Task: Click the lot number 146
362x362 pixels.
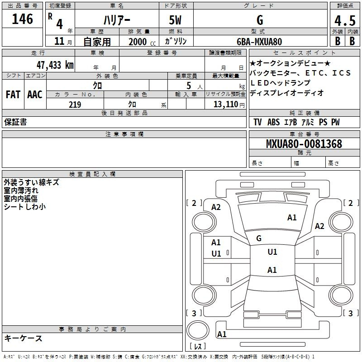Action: point(23,19)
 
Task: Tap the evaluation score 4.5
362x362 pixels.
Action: point(345,21)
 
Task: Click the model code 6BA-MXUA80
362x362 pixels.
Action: point(259,42)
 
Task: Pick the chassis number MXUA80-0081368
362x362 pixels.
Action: point(304,144)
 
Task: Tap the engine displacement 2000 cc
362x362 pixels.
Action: point(138,42)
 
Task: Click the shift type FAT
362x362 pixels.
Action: point(13,95)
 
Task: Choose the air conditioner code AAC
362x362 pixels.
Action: point(34,95)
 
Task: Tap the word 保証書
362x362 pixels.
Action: point(15,122)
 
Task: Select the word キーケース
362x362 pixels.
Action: point(23,338)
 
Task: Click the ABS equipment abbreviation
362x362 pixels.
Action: point(273,122)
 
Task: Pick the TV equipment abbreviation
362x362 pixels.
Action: point(257,122)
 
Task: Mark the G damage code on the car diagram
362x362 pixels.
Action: point(259,238)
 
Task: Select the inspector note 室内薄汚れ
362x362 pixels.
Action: point(21,191)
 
